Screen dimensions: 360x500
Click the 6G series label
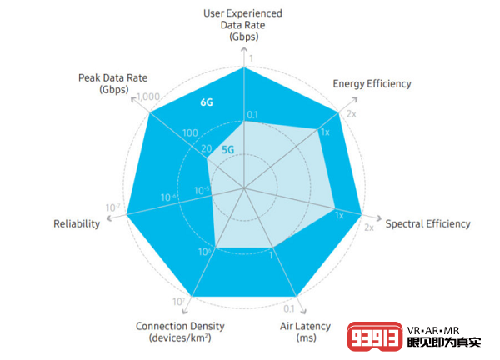(207, 102)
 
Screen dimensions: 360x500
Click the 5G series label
(227, 150)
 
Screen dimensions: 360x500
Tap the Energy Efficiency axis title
(372, 83)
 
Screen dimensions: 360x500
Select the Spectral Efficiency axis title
(427, 223)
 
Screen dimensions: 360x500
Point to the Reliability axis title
(77, 223)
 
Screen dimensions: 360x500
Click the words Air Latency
(305, 326)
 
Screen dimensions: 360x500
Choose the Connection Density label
(180, 326)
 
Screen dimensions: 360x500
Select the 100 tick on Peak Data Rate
(190, 133)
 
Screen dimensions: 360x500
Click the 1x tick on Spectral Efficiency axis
(339, 215)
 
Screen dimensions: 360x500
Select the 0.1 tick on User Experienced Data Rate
(253, 114)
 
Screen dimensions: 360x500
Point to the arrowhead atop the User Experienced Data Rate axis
(244, 50)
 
